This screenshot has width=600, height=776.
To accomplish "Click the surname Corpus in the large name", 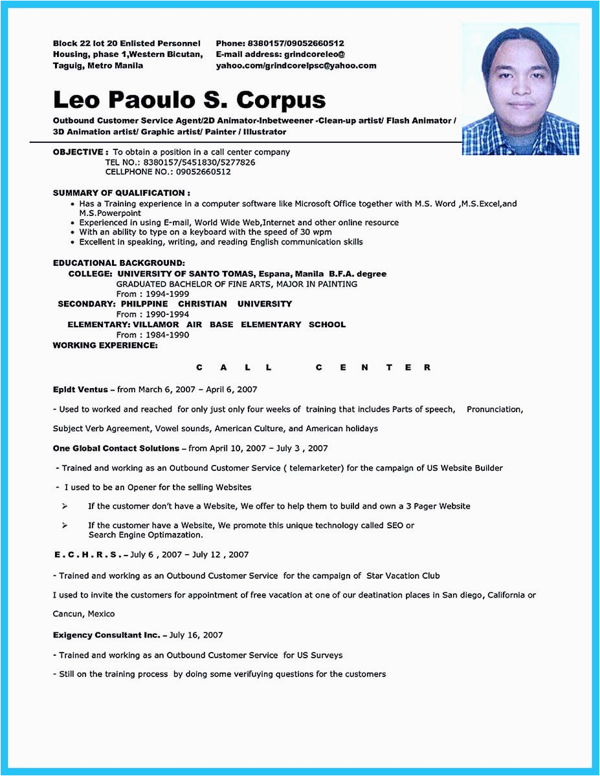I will pos(281,100).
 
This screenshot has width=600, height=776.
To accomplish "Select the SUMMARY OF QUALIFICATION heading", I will pos(121,193).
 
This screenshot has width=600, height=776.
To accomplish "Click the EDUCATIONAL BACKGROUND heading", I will pos(118,263).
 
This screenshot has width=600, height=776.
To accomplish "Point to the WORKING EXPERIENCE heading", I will pos(105,345).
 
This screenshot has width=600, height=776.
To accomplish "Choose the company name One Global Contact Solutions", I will pos(116,448).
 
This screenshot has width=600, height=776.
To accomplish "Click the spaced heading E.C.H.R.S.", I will pos(87,555).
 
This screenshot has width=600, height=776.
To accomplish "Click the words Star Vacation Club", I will pos(403,576).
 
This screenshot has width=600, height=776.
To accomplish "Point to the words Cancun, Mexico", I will pos(83,614).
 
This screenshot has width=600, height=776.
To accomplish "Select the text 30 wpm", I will pos(317,232).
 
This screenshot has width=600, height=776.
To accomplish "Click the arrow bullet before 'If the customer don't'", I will pos(65,506).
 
